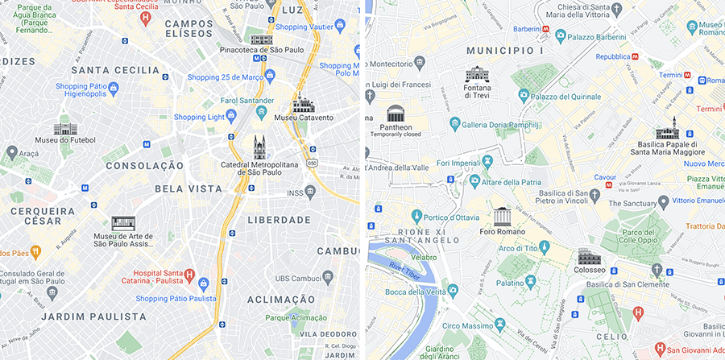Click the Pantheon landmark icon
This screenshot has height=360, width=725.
pos(396,112)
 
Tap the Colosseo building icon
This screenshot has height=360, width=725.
pos(589,258)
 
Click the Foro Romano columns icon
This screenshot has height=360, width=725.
pos(503,216)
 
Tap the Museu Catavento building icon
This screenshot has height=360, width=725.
pos(303,102)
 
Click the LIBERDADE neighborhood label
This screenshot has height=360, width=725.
pos(279,220)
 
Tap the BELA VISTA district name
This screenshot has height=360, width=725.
pos(188,188)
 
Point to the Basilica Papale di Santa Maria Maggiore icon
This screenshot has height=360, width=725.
pos(666,129)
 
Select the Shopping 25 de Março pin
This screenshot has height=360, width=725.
pos(271,77)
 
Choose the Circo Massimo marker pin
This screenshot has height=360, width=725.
pos(500,323)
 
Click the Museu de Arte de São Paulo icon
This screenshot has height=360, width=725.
pos(123,223)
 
